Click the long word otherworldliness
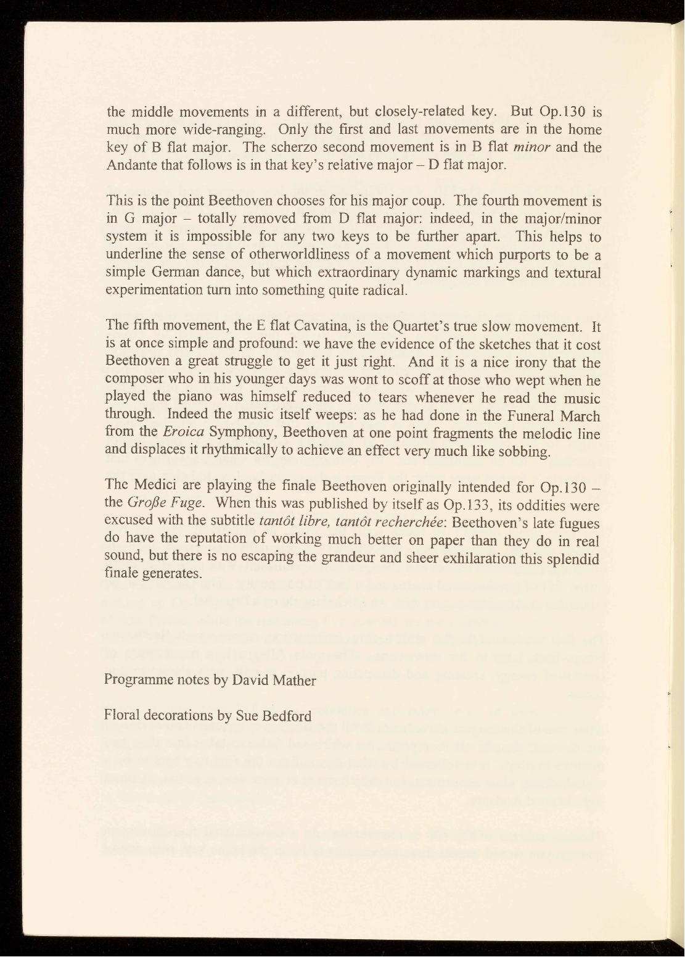tap(278, 255)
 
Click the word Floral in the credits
tap(123, 716)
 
